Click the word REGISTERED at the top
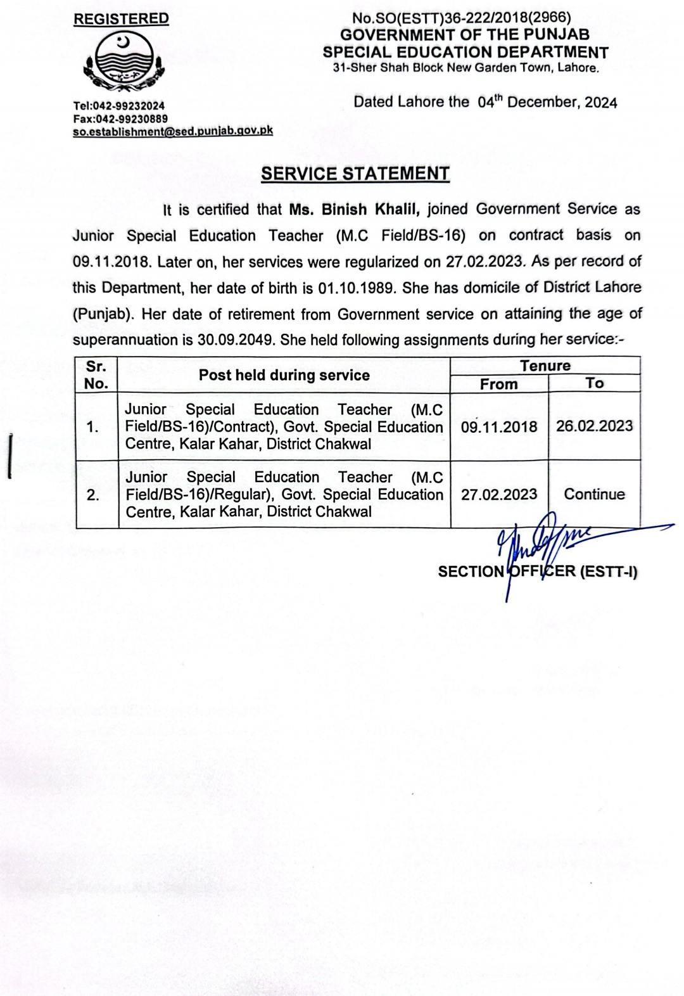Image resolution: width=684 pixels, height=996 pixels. pyautogui.click(x=121, y=19)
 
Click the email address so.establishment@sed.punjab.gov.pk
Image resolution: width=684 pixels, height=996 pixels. pyautogui.click(x=173, y=131)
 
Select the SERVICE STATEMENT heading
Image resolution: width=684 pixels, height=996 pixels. pyautogui.click(x=355, y=174)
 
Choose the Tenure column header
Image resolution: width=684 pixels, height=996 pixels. pyautogui.click(x=545, y=366)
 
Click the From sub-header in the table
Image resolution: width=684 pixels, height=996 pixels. pyautogui.click(x=499, y=384)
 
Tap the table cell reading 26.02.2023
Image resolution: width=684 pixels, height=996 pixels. pyautogui.click(x=594, y=426)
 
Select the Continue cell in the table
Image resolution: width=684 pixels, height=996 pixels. pyautogui.click(x=594, y=494)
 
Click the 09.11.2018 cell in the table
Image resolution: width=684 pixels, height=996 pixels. pyautogui.click(x=499, y=427)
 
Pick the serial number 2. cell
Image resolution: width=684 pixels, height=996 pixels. pyautogui.click(x=94, y=495)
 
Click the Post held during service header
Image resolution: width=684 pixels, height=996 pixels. pyautogui.click(x=284, y=375)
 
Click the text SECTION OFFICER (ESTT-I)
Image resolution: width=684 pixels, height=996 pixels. pyautogui.click(x=537, y=571)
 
